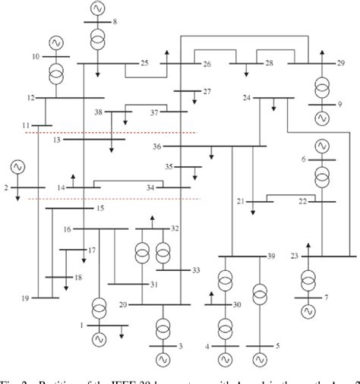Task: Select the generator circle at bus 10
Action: pyautogui.click(x=55, y=43)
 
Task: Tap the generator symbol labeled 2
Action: pyautogui.click(x=17, y=167)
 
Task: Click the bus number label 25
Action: pyautogui.click(x=144, y=62)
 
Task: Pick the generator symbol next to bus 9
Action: pyautogui.click(x=322, y=118)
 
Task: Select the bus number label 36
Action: pyautogui.click(x=156, y=146)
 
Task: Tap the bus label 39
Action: pyautogui.click(x=271, y=259)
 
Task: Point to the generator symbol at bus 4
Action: pyautogui.click(x=225, y=354)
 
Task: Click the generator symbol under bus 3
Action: pyautogui.click(x=163, y=355)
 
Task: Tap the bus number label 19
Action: pyautogui.click(x=26, y=298)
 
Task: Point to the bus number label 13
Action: pyautogui.click(x=57, y=140)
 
